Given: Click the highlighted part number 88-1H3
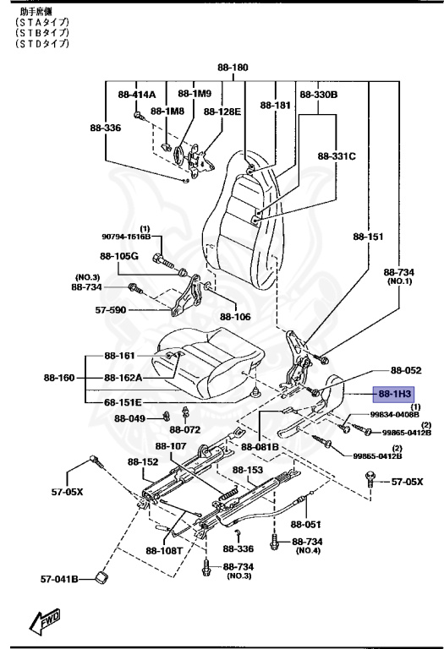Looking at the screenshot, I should point(395,394).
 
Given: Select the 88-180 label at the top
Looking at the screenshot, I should point(233,67).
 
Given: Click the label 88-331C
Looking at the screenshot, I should point(337,156).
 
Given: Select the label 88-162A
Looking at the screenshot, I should point(123,378).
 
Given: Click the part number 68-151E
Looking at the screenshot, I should point(123,402).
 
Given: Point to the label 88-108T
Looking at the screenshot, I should point(163,550).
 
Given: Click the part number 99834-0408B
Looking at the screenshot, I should point(395,415).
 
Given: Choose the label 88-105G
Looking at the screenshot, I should point(118,256).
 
